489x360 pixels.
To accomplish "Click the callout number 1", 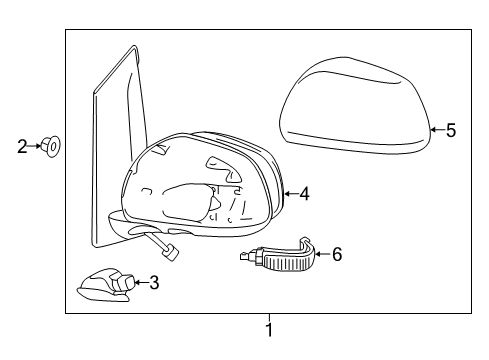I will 268,328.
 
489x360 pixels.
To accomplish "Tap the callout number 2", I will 22,146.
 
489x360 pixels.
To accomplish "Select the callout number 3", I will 153,283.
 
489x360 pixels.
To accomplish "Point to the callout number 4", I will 304,195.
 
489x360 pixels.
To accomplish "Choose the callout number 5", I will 450,130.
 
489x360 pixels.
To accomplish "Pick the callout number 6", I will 337,255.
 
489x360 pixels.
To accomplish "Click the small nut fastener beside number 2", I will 53,147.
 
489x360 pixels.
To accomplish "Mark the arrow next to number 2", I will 37,146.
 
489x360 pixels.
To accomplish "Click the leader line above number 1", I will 268,317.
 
